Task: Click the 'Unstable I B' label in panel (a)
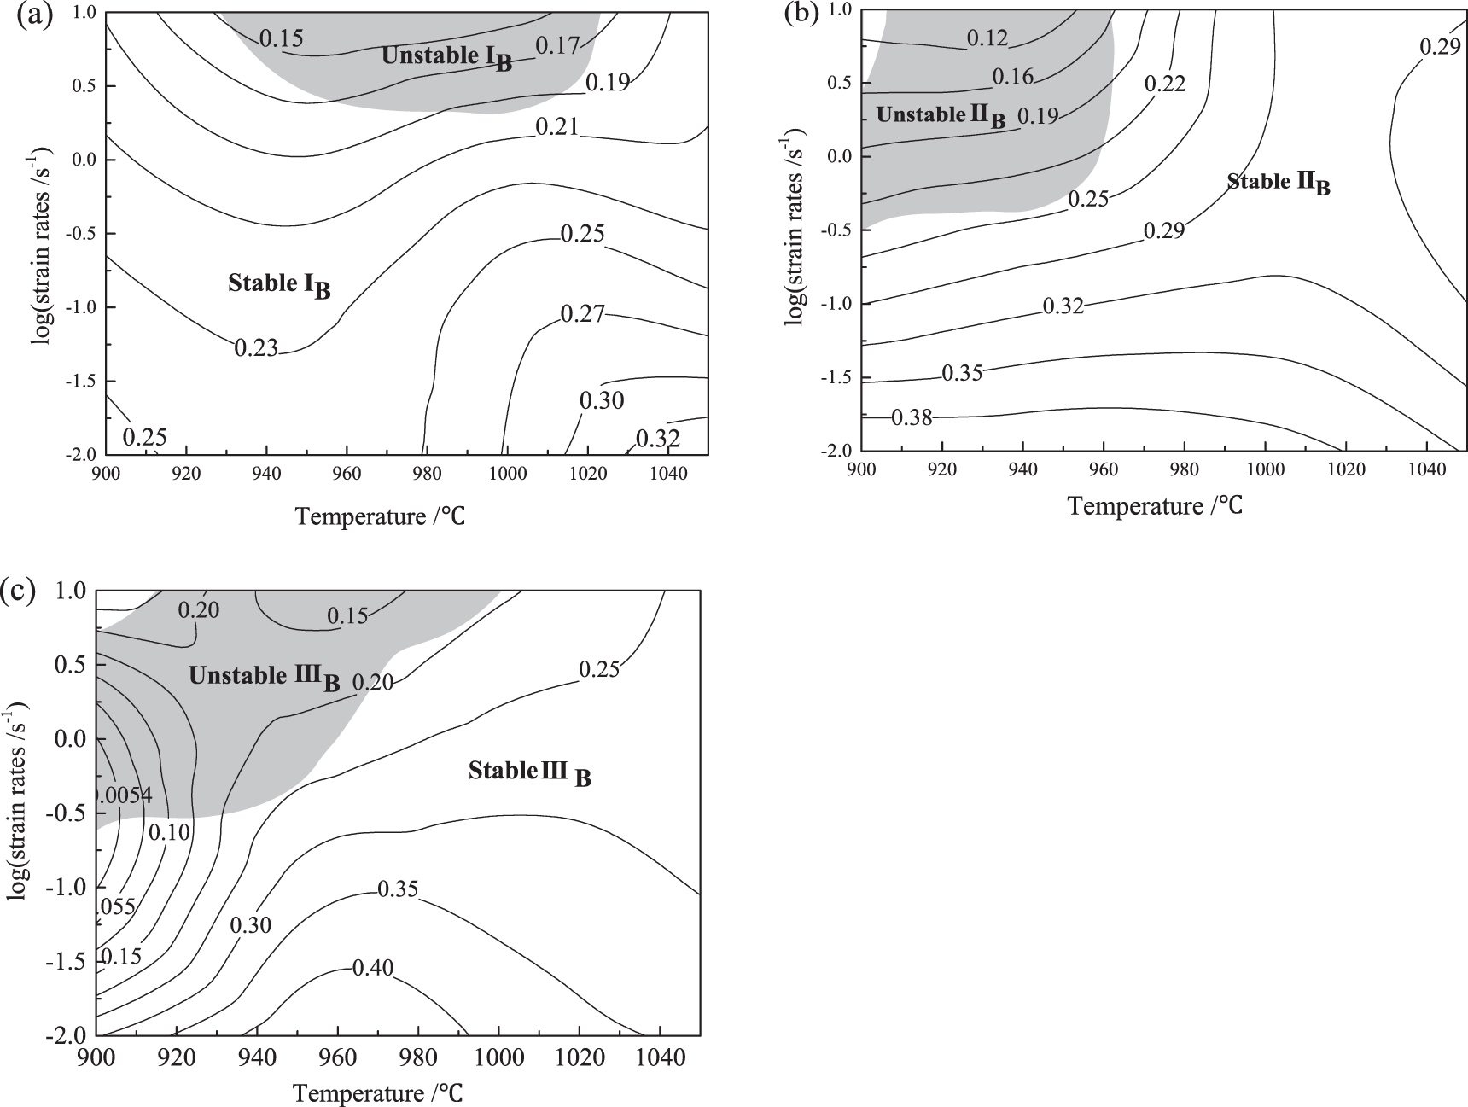(x=446, y=57)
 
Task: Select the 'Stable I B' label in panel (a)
(x=278, y=285)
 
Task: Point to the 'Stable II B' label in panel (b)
(x=1278, y=183)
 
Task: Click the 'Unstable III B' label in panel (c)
(x=264, y=678)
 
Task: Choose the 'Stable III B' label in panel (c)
(x=529, y=773)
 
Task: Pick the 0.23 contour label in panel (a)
(x=256, y=347)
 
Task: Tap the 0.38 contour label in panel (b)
(x=912, y=417)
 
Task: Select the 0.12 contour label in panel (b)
(x=987, y=38)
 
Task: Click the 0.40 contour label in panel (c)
(x=373, y=968)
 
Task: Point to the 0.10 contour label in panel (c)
(x=169, y=832)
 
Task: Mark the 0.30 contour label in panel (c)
(x=250, y=925)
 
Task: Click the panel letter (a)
(x=35, y=16)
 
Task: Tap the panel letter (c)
(x=19, y=590)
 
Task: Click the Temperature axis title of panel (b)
(x=1154, y=506)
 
